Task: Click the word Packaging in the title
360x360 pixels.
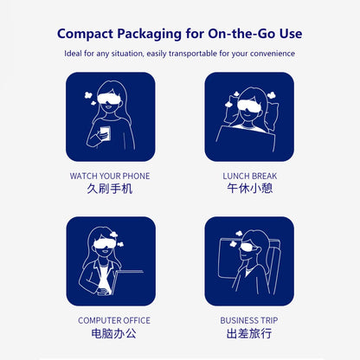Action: pyautogui.click(x=149, y=34)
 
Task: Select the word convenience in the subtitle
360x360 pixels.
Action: pyautogui.click(x=273, y=54)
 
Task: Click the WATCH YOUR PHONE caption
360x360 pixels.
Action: pyautogui.click(x=110, y=176)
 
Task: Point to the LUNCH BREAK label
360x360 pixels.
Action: pyautogui.click(x=249, y=176)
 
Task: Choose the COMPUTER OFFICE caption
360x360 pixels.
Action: pyautogui.click(x=114, y=320)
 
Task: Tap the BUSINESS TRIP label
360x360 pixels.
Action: pyautogui.click(x=249, y=320)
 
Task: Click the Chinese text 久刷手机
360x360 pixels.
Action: pyautogui.click(x=110, y=189)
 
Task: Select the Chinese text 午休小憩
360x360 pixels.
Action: pyautogui.click(x=250, y=189)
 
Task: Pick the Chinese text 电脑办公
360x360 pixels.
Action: pyautogui.click(x=113, y=333)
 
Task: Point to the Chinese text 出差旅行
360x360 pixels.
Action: pyautogui.click(x=249, y=333)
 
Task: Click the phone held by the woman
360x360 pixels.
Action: pyautogui.click(x=106, y=133)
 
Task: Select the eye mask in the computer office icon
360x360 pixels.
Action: pyautogui.click(x=105, y=244)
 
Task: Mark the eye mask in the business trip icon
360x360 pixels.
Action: pyautogui.click(x=248, y=247)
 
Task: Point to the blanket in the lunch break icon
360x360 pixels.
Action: pyautogui.click(x=245, y=139)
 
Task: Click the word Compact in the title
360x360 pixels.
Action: pyautogui.click(x=85, y=34)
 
